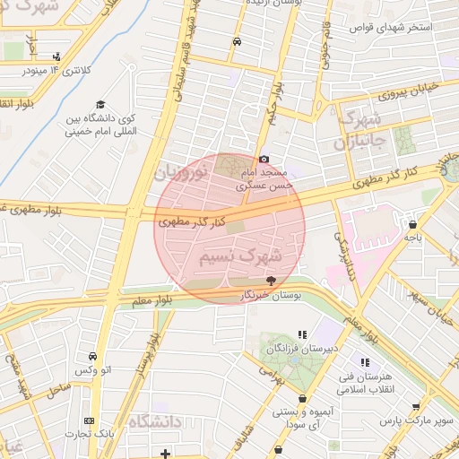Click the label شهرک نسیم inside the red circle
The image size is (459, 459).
[x=239, y=258]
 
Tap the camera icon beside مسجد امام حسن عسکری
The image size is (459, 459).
[x=263, y=160]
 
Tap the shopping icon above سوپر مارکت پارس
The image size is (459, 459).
[x=415, y=406]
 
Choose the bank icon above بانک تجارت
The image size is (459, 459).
[x=88, y=420]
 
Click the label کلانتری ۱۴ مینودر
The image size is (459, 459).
[x=58, y=70]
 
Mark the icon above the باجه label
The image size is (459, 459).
[x=412, y=225]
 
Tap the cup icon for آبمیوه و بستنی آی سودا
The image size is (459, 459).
[x=303, y=398]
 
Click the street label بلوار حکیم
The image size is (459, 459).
[x=272, y=104]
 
